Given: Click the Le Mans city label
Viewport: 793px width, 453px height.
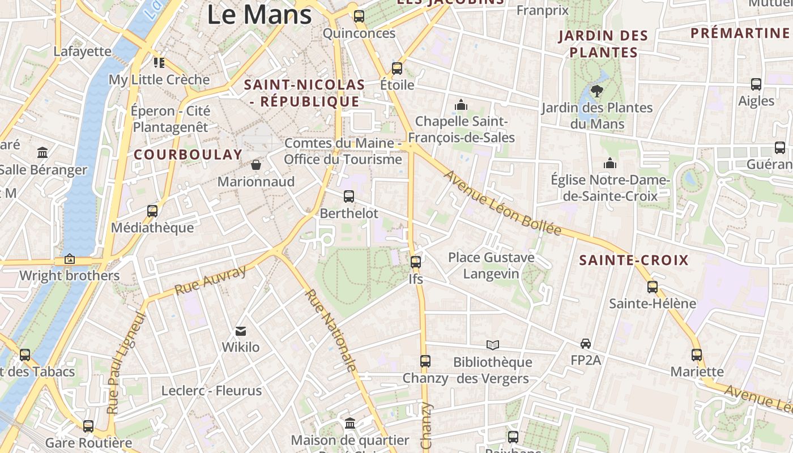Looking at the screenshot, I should tap(259, 14).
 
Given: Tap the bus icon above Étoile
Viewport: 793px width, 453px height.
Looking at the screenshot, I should tap(397, 69).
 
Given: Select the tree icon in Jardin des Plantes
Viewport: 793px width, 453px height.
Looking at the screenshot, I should tap(596, 91).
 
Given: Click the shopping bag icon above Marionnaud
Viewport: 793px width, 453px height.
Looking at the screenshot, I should tap(256, 165).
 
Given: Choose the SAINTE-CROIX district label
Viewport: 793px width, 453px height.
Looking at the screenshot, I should tap(634, 260).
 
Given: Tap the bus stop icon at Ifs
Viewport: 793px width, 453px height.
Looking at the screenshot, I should tap(416, 262).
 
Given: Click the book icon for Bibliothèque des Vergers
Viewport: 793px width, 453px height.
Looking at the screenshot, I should tap(493, 345).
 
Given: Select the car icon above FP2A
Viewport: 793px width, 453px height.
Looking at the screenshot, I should tap(586, 343).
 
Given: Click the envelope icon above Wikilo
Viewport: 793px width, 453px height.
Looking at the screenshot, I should tap(241, 331).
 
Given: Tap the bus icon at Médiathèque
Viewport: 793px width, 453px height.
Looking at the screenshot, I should tap(152, 211).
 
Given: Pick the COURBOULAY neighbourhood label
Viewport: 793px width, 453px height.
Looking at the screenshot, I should tap(188, 155).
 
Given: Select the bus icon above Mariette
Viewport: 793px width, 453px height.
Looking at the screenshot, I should tap(697, 355).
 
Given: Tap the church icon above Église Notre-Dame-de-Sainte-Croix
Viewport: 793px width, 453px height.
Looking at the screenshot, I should tap(610, 164).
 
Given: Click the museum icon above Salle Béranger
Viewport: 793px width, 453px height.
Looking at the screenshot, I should tap(42, 153).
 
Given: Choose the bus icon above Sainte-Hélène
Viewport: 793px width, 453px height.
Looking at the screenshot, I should tap(653, 287).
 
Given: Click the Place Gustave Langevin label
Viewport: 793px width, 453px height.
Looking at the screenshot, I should tap(491, 266).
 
